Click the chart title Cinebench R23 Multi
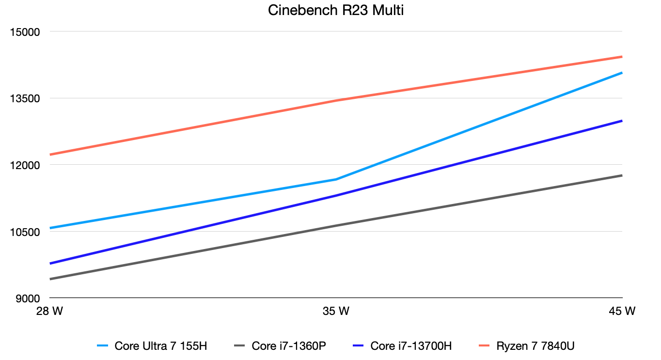tap(335, 11)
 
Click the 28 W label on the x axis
tap(49, 311)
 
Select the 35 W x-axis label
tap(336, 311)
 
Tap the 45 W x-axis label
tap(622, 311)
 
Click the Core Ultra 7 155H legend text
tap(161, 346)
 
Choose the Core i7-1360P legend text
tap(288, 346)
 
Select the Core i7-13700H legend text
tap(411, 346)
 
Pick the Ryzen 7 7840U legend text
tap(535, 346)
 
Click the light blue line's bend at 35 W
tap(336, 179)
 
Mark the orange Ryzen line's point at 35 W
tap(336, 100)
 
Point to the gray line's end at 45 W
tap(622, 175)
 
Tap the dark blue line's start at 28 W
tap(50, 264)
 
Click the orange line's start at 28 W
tap(50, 155)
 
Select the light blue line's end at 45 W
tap(622, 73)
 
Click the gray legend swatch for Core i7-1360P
tap(240, 346)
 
